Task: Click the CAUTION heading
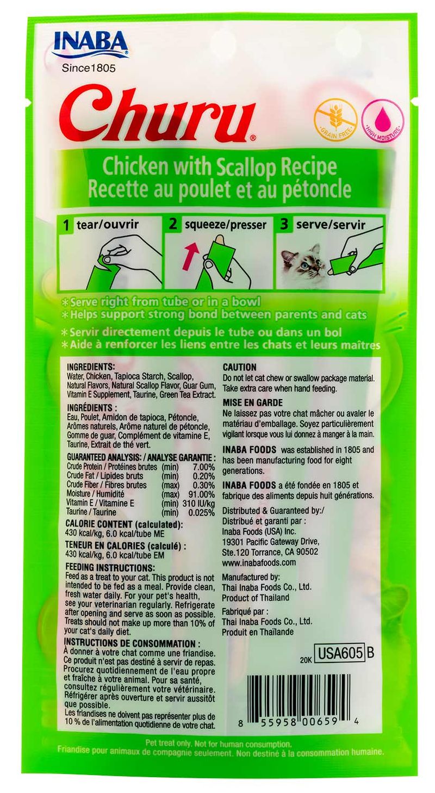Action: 239,368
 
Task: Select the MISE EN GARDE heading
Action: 252,403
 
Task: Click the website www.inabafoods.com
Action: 259,562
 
